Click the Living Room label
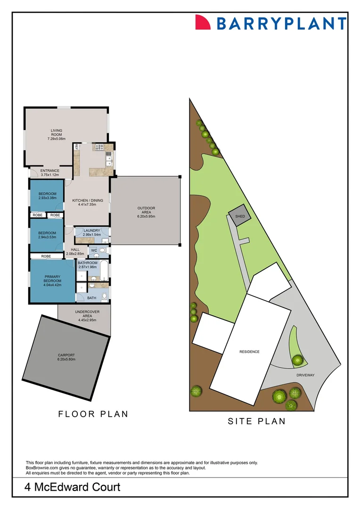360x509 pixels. tap(56, 135)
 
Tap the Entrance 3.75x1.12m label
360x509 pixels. tap(49, 172)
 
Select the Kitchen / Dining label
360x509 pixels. tap(87, 202)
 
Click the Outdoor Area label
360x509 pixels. tap(146, 212)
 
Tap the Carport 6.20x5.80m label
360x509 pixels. tap(66, 357)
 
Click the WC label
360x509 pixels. tap(94, 250)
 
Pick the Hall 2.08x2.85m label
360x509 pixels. tap(75, 252)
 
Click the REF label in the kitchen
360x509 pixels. tap(76, 147)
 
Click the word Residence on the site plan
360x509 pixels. tap(249, 352)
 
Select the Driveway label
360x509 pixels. tap(305, 375)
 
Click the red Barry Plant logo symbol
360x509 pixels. tap(203, 22)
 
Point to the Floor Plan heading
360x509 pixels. tap(93, 414)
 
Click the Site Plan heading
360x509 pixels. tap(257, 421)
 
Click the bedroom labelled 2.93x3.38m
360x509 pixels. tap(47, 196)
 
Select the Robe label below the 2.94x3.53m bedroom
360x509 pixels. tap(46, 256)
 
